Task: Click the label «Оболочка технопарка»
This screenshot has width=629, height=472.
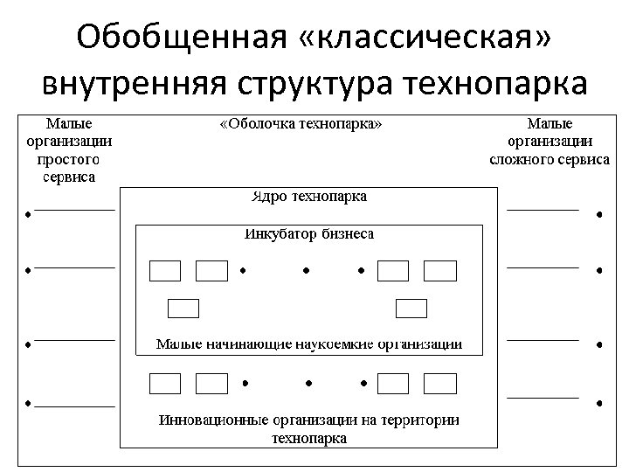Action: [301, 124]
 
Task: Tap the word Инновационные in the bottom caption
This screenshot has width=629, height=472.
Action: [213, 420]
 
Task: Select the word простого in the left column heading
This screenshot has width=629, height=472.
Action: [68, 160]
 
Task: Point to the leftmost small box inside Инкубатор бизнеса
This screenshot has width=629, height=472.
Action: [165, 271]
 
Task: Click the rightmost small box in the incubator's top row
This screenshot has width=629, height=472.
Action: [440, 271]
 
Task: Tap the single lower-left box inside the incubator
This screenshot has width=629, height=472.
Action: [183, 308]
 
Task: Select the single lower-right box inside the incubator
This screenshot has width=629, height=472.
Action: [411, 308]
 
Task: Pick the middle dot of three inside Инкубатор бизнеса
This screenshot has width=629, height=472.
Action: [306, 270]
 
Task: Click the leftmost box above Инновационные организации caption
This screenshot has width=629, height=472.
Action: [165, 383]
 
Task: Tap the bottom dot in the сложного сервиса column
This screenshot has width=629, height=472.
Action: [599, 403]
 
